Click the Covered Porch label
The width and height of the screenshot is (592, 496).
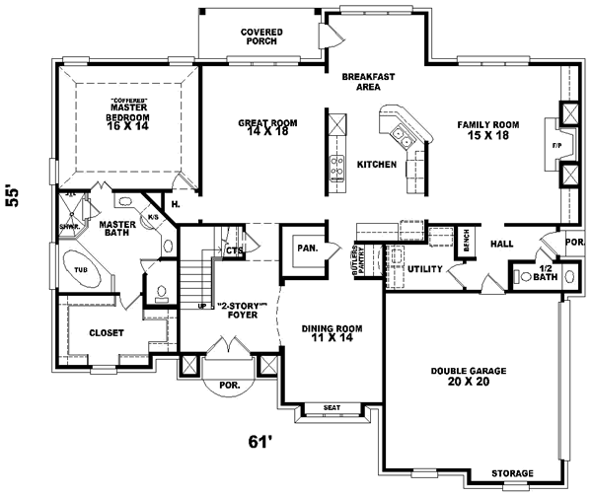(261, 37)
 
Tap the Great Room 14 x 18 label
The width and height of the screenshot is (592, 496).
(267, 128)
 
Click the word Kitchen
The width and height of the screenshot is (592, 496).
(376, 164)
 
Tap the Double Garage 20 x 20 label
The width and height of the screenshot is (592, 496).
(469, 376)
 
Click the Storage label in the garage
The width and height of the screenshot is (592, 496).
(513, 473)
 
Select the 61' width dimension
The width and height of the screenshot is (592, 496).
(259, 443)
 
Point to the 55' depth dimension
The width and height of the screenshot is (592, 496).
(14, 196)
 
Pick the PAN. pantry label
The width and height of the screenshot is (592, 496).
(307, 248)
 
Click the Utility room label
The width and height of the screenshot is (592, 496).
(424, 268)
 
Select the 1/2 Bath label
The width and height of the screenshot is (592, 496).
(546, 273)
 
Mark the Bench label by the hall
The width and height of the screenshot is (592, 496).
(467, 243)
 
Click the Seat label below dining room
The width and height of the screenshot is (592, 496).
(331, 408)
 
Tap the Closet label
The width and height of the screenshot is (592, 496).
(106, 333)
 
